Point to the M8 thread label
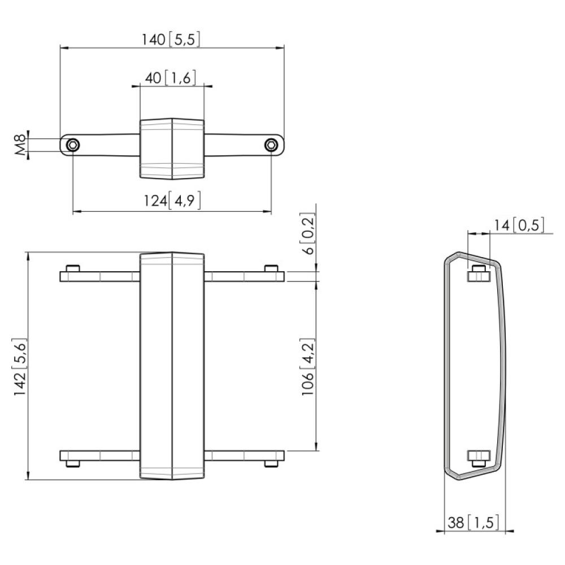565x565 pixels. click(x=20, y=145)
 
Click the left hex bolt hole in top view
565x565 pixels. click(x=73, y=146)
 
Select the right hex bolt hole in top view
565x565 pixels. click(x=271, y=146)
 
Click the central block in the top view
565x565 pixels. click(x=172, y=148)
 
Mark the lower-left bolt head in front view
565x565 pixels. click(x=72, y=464)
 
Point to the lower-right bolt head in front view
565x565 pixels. click(x=271, y=464)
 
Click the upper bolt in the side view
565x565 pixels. click(x=477, y=273)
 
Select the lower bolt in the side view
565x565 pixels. click(x=477, y=458)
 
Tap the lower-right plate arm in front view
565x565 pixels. click(x=244, y=455)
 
